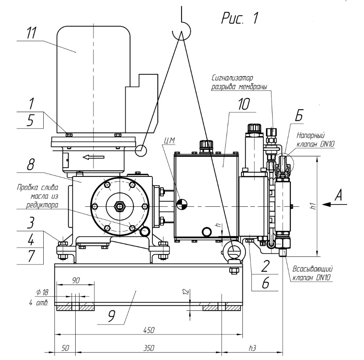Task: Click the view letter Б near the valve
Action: click(299, 117)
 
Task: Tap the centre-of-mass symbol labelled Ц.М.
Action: click(182, 204)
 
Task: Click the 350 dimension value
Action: click(148, 347)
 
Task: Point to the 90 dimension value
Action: click(76, 280)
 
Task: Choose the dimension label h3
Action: click(253, 347)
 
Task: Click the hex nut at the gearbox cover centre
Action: click(119, 206)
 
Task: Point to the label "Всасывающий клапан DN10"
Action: click(312, 274)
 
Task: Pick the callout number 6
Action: click(266, 283)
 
